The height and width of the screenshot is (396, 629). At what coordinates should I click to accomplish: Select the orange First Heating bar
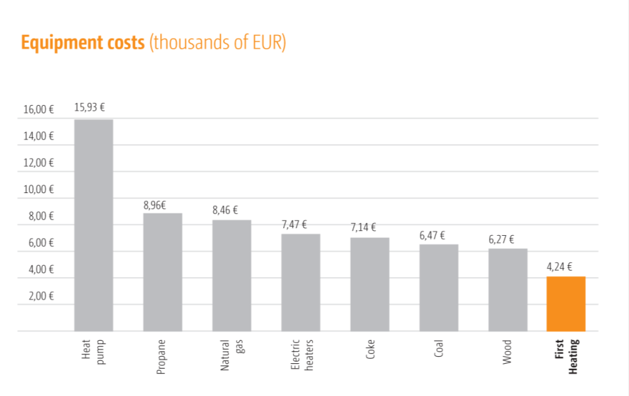pos(565,304)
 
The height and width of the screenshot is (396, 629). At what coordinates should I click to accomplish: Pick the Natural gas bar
pos(231,275)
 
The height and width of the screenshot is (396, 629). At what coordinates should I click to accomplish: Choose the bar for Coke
pos(370,284)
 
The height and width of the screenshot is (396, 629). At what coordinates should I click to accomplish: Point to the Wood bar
pos(508,290)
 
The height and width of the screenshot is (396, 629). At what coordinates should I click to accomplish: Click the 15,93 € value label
pos(90,108)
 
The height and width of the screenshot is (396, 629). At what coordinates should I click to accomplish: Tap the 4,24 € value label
pos(560,266)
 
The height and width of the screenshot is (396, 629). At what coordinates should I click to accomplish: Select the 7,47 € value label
pos(296,224)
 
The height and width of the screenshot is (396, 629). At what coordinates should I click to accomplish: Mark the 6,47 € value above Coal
pos(433,236)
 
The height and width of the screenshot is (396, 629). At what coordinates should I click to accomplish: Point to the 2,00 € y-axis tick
pos(41,296)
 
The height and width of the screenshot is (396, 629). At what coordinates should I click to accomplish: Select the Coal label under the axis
pos(439,349)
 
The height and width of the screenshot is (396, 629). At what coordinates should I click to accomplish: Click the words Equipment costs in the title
pos(82,43)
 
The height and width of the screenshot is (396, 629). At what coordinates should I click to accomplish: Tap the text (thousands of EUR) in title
pos(218,43)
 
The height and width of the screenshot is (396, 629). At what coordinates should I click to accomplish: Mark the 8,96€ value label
pos(154,205)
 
